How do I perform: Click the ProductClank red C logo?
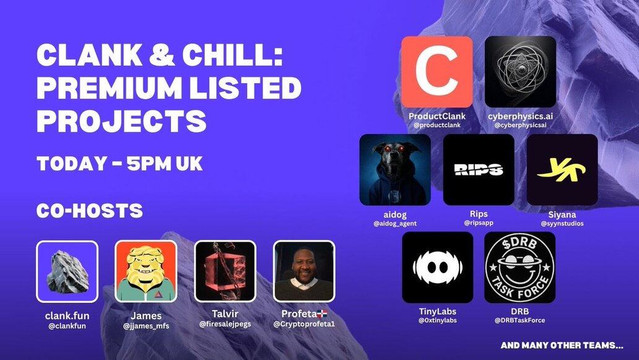pos(437,72)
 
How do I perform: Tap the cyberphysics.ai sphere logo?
pos(520,72)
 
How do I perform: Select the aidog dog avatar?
pos(395,170)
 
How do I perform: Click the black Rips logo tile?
pos(479,170)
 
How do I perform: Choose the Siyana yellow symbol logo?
pos(562,170)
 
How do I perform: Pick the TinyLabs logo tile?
pos(438,268)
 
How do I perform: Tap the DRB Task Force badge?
pos(519,268)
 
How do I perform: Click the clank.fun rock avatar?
pos(67,271)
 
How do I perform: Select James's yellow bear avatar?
pos(146,271)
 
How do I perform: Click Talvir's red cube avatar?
pos(225,271)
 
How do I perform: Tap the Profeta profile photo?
pos(303,271)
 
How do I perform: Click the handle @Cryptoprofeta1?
pos(304,324)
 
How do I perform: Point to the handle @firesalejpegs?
pos(225,324)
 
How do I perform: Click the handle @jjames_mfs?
pos(146,326)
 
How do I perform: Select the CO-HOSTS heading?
pos(90,211)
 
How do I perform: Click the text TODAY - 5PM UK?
pos(120,164)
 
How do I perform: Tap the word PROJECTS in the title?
pos(121,121)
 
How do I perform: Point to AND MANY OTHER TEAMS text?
pos(562,345)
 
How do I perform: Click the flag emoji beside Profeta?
pos(323,314)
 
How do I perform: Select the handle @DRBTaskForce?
pos(519,320)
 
